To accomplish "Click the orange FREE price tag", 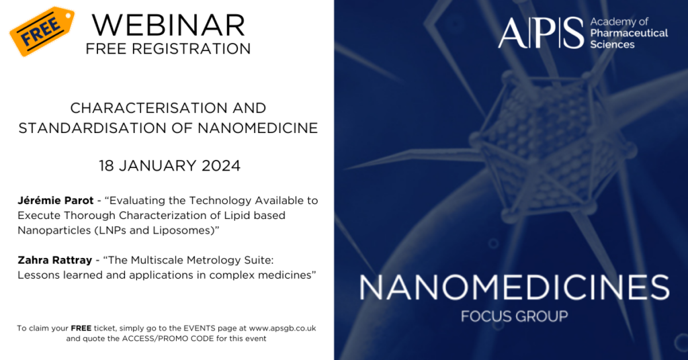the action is click(x=41, y=31).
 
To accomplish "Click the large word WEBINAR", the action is click(x=169, y=26).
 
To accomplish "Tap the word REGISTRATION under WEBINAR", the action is click(x=191, y=48).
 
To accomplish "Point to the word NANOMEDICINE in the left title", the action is click(x=257, y=128).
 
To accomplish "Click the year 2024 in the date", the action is click(x=220, y=166).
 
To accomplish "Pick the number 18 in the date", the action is click(x=107, y=166).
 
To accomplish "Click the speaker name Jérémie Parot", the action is click(x=56, y=200).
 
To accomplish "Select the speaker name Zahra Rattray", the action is click(x=55, y=260).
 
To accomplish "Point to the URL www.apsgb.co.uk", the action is click(x=282, y=328).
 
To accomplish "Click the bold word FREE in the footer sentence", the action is click(x=81, y=328).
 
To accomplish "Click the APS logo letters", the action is click(x=541, y=33).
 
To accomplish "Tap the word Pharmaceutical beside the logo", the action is click(x=629, y=34).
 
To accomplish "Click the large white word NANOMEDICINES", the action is click(x=514, y=287).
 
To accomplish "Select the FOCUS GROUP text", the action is click(x=514, y=316).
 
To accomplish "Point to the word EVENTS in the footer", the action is click(x=200, y=328).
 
